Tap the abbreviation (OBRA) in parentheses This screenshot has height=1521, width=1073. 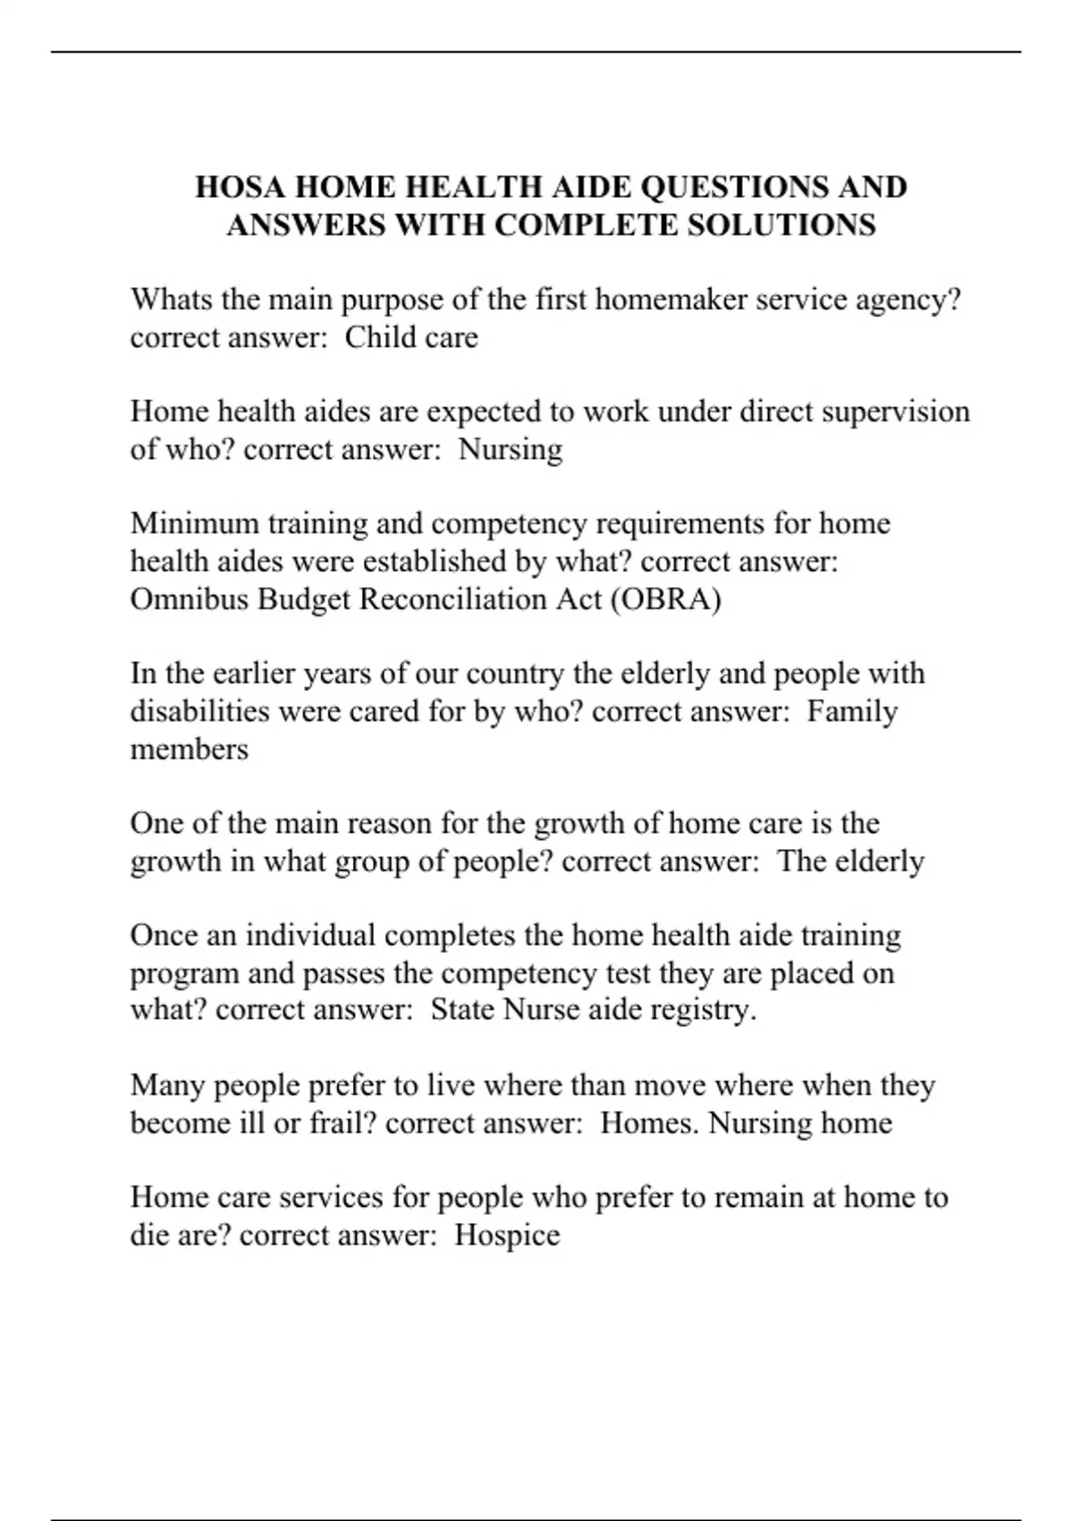tap(665, 599)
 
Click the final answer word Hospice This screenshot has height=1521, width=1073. tap(507, 1236)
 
